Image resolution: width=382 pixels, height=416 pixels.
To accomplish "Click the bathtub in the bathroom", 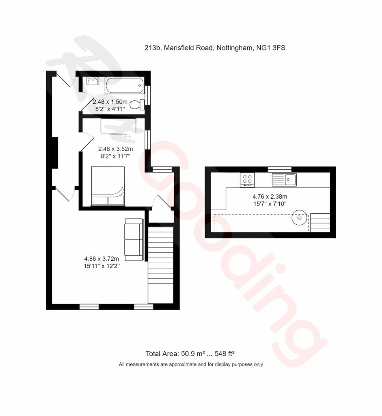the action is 125,85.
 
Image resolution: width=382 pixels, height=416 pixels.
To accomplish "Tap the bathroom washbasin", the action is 93,81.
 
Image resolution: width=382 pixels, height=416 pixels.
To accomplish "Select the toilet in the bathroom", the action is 137,104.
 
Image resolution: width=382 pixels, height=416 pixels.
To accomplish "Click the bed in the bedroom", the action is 108,186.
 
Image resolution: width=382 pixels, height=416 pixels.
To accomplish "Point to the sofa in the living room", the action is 134,240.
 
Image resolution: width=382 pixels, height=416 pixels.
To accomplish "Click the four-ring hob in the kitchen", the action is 247,180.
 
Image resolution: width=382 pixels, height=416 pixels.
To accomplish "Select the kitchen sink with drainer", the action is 284,180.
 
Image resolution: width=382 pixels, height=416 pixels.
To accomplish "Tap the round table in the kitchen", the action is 300,218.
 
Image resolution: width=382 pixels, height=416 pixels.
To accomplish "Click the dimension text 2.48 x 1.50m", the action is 110,102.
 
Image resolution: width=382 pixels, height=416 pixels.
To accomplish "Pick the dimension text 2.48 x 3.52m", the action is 116,149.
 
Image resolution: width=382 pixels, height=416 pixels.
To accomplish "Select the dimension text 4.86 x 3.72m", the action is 101,258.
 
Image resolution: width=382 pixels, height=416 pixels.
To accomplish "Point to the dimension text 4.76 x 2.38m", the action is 270,197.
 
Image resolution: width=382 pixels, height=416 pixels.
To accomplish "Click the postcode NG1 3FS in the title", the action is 271,48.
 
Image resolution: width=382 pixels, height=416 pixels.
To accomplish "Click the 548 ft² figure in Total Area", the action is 224,353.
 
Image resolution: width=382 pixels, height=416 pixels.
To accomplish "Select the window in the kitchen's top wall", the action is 280,169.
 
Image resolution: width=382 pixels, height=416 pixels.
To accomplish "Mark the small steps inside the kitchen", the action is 320,222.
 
